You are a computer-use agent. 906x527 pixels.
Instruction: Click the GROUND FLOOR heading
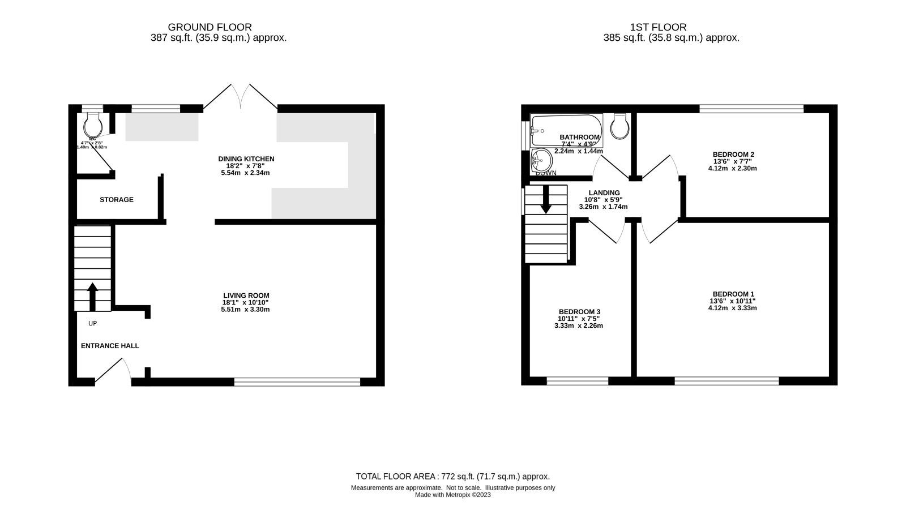(210, 27)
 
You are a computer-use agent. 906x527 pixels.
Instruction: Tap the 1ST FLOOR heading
(658, 27)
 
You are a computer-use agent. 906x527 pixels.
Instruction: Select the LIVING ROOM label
(246, 295)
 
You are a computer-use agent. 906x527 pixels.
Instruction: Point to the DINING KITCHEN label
(246, 159)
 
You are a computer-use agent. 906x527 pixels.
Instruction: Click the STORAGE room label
(117, 200)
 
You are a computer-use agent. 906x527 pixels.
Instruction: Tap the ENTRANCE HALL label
(110, 346)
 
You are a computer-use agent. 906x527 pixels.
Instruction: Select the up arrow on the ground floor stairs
(92, 295)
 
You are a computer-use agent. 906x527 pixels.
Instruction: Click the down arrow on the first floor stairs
(546, 200)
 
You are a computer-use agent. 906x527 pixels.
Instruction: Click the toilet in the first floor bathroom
(621, 126)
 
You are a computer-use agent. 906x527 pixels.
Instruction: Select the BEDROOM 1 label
(733, 294)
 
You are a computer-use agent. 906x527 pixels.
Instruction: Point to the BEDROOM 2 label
(733, 154)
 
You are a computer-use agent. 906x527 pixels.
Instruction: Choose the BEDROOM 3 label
(579, 312)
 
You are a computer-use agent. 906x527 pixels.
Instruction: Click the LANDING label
(604, 193)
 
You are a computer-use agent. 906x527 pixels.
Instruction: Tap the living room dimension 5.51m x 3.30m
(245, 310)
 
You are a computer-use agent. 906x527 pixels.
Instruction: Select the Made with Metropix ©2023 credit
(452, 495)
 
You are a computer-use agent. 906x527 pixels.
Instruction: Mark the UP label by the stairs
(93, 324)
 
